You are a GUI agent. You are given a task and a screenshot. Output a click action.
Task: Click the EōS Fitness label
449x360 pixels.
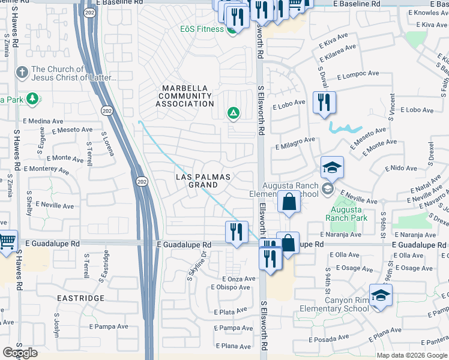(x=202, y=29)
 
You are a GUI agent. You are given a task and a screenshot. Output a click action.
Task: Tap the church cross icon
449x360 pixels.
(x=22, y=73)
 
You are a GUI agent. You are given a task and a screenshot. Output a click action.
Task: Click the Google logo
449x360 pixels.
(x=20, y=353)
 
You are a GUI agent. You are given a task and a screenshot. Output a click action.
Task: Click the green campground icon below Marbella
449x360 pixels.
(x=233, y=112)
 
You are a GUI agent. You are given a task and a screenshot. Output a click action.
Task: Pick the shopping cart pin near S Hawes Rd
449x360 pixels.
(x=6, y=241)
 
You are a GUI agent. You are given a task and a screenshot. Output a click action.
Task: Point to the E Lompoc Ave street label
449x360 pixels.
(x=358, y=74)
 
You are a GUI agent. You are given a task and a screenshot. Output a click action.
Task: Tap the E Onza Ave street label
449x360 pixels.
(x=238, y=279)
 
